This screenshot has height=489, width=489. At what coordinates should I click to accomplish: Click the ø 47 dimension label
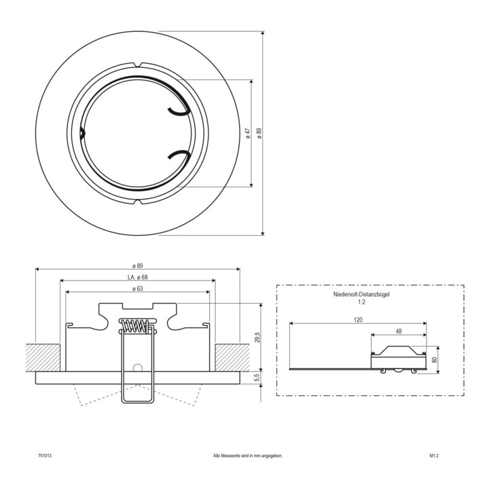pyautogui.click(x=249, y=133)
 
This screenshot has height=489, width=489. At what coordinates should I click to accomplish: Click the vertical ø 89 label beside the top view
pyautogui.click(x=259, y=133)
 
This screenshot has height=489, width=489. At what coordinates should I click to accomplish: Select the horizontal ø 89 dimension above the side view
pyautogui.click(x=137, y=266)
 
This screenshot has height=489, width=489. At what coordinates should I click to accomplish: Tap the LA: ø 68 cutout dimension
pyautogui.click(x=137, y=277)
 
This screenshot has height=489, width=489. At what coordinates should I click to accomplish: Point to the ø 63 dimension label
pyautogui.click(x=137, y=289)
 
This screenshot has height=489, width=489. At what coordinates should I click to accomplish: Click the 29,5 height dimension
pyautogui.click(x=257, y=337)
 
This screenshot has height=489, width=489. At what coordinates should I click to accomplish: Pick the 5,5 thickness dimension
pyautogui.click(x=257, y=378)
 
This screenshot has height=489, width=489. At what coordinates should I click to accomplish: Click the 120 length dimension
pyautogui.click(x=358, y=320)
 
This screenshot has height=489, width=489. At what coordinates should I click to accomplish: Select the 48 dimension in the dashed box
pyautogui.click(x=399, y=331)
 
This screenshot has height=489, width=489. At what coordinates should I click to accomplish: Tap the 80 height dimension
pyautogui.click(x=435, y=359)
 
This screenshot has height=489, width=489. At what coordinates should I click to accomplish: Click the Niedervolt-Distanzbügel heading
pyautogui.click(x=361, y=294)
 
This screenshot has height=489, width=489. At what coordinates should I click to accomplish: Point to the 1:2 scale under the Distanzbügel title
pyautogui.click(x=361, y=302)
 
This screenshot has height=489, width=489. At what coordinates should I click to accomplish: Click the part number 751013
pyautogui.click(x=45, y=456)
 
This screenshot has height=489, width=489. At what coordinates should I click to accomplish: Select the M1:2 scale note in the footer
pyautogui.click(x=434, y=456)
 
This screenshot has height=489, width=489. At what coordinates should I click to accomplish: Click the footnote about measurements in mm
pyautogui.click(x=248, y=456)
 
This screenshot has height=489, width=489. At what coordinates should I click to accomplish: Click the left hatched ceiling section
pyautogui.click(x=43, y=358)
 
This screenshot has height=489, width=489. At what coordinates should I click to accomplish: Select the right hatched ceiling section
pyautogui.click(x=232, y=358)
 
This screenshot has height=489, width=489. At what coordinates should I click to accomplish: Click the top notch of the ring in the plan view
pyautogui.click(x=137, y=65)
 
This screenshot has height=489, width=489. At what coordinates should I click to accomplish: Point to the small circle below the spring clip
pyautogui.click(x=137, y=367)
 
